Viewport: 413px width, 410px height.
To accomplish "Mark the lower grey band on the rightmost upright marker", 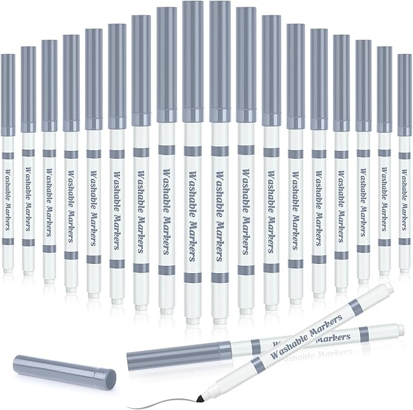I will tap(405, 243).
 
